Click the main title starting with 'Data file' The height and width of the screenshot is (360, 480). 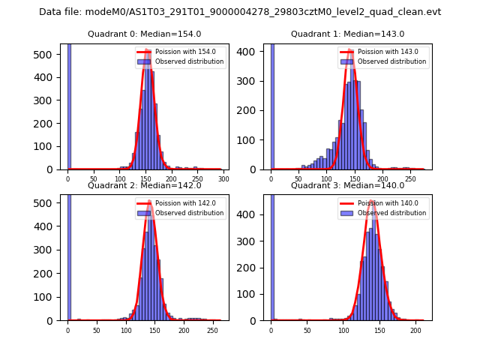pyautogui.click(x=240, y=12)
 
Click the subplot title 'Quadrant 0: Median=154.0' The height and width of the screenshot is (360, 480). pyautogui.click(x=144, y=34)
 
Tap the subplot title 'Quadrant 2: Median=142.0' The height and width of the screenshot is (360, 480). pyautogui.click(x=144, y=185)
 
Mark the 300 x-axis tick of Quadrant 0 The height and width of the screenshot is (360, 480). pyautogui.click(x=223, y=178)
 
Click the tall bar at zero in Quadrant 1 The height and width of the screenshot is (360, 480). pyautogui.click(x=271, y=105)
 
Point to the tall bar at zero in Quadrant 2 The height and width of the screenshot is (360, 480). pyautogui.click(x=68, y=255)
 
